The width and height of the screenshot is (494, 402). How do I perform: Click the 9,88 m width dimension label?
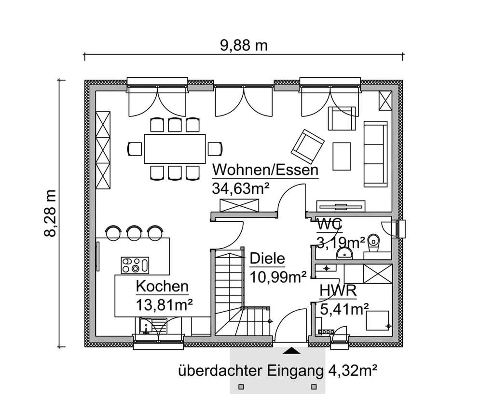pyautogui.click(x=244, y=46)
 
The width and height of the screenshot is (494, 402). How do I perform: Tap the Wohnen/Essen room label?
pyautogui.click(x=265, y=171)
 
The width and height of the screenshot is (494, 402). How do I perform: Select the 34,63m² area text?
pyautogui.click(x=240, y=188)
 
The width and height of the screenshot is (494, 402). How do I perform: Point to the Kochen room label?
pyautogui.click(x=162, y=287)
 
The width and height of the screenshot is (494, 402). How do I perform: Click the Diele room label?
pyautogui.click(x=267, y=258)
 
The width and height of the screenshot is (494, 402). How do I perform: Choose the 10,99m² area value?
pyautogui.click(x=278, y=276)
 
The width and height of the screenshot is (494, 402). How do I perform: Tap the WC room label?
pyautogui.click(x=329, y=224)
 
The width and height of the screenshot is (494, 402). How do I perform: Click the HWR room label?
pyautogui.click(x=338, y=291)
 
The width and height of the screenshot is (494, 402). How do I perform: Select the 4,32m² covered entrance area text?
pyautogui.click(x=352, y=371)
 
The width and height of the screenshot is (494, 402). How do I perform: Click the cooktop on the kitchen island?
pyautogui.click(x=135, y=264)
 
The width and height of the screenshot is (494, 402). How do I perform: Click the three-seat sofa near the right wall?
pyautogui.click(x=375, y=154)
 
